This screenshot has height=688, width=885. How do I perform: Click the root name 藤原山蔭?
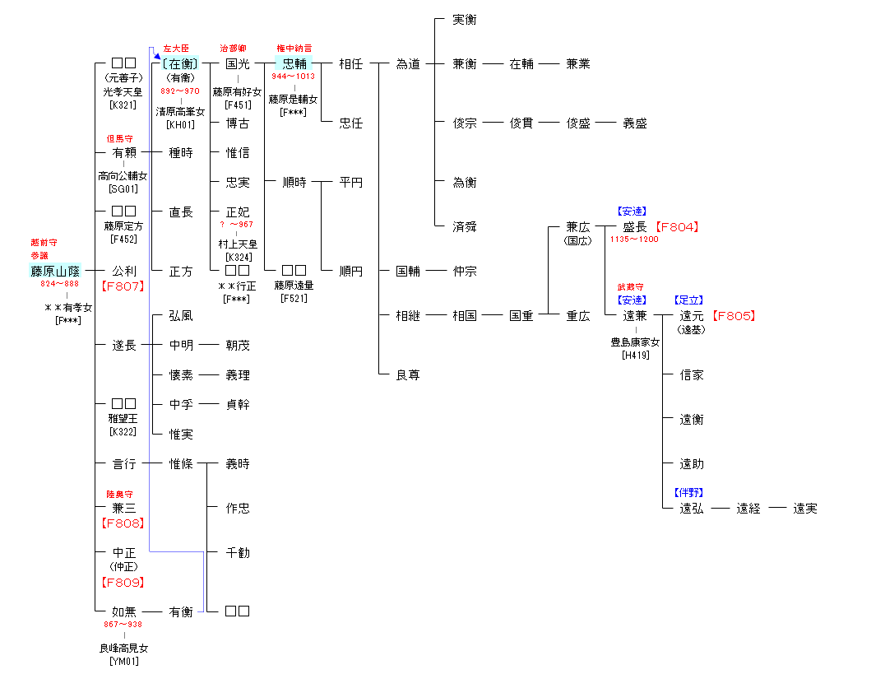(x=55, y=271)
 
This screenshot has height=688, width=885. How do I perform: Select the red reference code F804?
(x=678, y=227)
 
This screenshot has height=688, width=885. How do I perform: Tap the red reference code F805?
(x=733, y=316)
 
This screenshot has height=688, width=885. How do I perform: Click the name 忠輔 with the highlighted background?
(x=294, y=64)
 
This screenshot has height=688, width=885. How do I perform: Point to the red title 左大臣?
(x=176, y=49)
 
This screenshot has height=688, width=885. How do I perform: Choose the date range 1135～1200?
(x=633, y=239)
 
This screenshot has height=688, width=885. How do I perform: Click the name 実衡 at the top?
(x=464, y=20)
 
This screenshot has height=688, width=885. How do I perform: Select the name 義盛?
(x=634, y=123)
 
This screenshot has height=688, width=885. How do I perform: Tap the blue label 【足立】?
(x=688, y=300)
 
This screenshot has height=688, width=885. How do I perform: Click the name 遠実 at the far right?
(x=804, y=509)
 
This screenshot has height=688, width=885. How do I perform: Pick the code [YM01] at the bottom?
(x=124, y=661)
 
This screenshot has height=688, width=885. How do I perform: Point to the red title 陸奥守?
(x=119, y=495)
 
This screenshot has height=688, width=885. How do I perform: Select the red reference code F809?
(x=123, y=583)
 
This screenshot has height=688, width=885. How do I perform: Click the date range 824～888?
(x=59, y=284)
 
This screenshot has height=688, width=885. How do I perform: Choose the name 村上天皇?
(x=238, y=244)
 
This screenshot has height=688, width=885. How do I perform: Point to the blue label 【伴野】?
(x=688, y=493)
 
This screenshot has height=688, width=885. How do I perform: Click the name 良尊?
(x=407, y=375)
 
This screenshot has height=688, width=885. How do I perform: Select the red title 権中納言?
(x=294, y=49)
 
